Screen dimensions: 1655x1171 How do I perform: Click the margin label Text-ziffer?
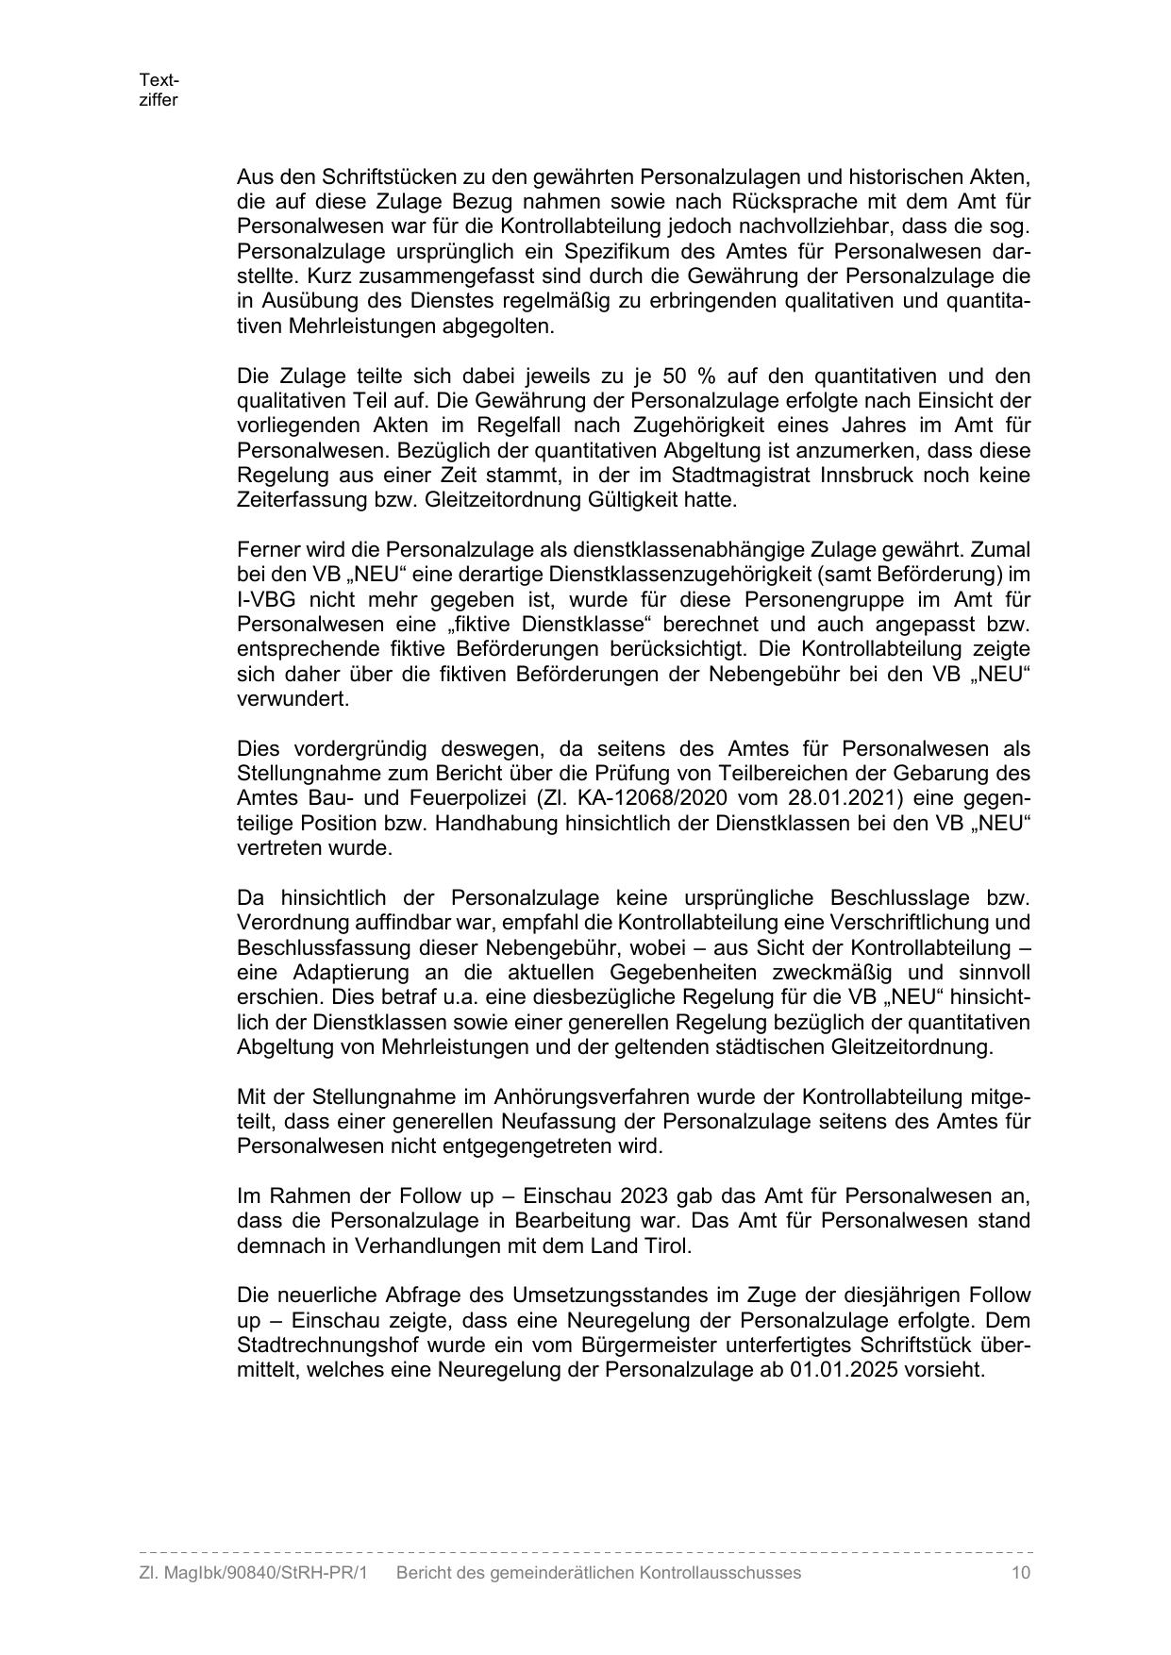coord(159,90)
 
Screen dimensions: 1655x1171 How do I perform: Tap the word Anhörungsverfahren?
coord(595,1096)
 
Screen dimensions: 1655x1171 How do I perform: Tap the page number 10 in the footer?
coord(1020,1572)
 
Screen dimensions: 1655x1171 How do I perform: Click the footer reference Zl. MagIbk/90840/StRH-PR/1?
coord(252,1572)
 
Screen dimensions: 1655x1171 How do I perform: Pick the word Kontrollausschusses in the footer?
coord(720,1572)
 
